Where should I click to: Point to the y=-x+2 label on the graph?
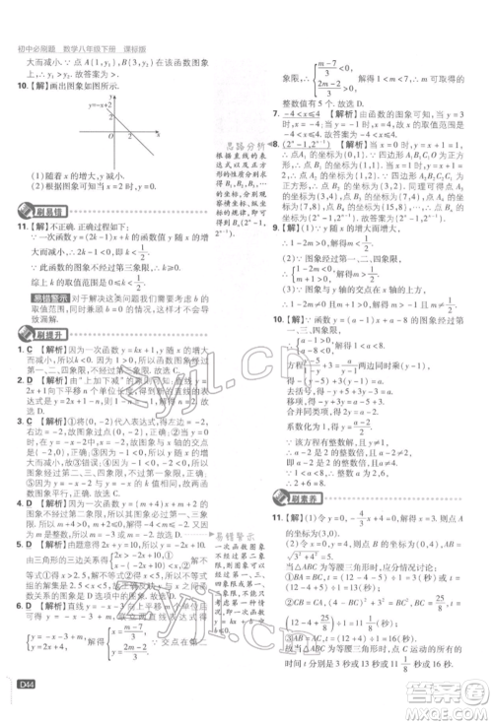click(100, 102)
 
